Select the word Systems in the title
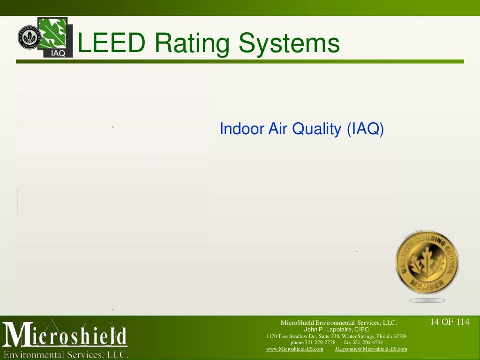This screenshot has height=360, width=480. click(x=289, y=44)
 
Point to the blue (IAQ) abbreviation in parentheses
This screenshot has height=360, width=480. click(x=365, y=129)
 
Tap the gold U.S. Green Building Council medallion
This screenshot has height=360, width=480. click(x=427, y=262)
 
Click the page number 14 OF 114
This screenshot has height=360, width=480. click(x=450, y=322)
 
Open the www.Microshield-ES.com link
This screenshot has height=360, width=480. click(x=294, y=349)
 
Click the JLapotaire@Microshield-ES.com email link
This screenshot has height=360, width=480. click(x=371, y=349)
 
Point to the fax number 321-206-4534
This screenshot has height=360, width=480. click(x=370, y=343)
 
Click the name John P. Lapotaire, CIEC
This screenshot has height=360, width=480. click(x=337, y=330)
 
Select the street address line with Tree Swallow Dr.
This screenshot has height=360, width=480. click(x=337, y=336)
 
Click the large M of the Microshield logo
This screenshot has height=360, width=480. click(x=18, y=336)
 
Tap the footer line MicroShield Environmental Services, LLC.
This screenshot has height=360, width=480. click(x=338, y=322)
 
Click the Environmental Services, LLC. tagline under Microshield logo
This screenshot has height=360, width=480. click(x=66, y=354)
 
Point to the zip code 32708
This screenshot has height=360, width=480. click(x=400, y=336)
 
